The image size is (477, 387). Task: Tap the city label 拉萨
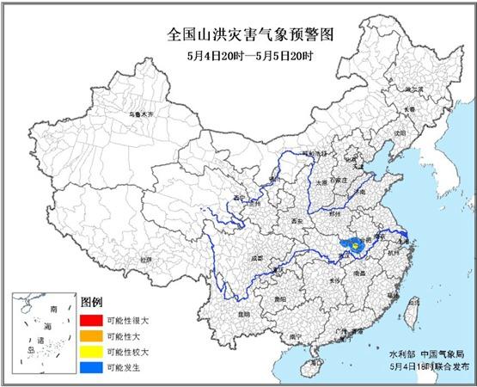pyautogui.click(x=147, y=257)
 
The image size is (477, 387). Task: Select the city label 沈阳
pyautogui.click(x=398, y=134)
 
